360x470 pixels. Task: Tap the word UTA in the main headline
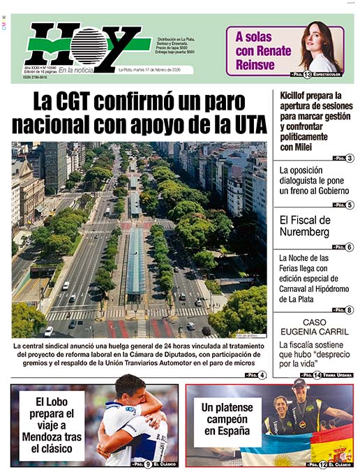(x=246, y=126)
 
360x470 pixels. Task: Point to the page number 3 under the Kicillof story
(x=350, y=159)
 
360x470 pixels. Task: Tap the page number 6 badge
(x=350, y=247)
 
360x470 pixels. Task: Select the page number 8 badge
(x=350, y=309)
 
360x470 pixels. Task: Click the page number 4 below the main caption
(x=262, y=376)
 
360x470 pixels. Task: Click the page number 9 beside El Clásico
(x=148, y=464)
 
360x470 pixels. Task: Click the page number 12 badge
(x=322, y=464)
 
